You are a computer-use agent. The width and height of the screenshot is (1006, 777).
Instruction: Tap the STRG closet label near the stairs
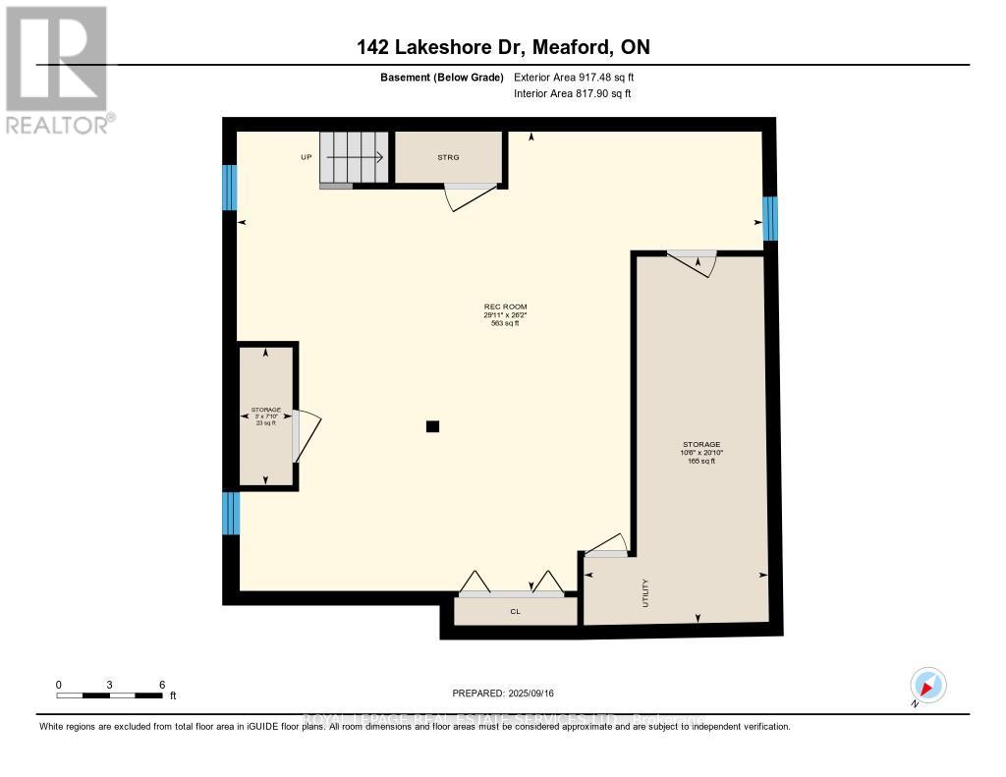click(448, 157)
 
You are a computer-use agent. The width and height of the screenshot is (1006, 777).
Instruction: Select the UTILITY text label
click(645, 593)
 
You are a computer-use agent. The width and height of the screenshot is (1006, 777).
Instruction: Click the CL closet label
click(514, 612)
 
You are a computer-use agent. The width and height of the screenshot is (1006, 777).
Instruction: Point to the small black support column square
click(432, 426)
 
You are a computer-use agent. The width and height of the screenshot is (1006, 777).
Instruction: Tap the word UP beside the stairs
click(307, 157)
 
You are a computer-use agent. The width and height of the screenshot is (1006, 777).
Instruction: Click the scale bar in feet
click(110, 695)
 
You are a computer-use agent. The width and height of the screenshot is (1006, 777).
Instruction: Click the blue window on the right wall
click(769, 218)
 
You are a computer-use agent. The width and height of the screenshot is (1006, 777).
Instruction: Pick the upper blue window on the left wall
click(230, 187)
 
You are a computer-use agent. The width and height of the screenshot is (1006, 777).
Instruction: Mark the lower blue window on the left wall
click(230, 514)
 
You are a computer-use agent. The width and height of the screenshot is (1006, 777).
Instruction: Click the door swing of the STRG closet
click(465, 197)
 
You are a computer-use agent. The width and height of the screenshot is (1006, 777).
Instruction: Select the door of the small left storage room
click(307, 436)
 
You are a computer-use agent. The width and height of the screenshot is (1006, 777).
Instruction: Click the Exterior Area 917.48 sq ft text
click(581, 78)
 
